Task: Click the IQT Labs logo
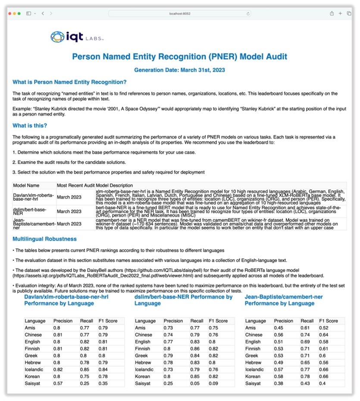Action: (77, 37)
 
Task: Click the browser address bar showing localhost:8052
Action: (180, 13)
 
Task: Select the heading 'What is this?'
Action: (30, 126)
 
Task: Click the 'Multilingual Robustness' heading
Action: (44, 239)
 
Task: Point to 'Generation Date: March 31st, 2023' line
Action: (179, 69)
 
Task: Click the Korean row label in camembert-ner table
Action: (253, 376)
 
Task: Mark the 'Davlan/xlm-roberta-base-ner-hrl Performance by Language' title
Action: (66, 300)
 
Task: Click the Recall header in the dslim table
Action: (197, 321)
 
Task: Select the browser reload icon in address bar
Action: (248, 13)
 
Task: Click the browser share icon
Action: (332, 13)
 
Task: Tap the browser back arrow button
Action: (43, 13)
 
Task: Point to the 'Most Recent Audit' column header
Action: (76, 185)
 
